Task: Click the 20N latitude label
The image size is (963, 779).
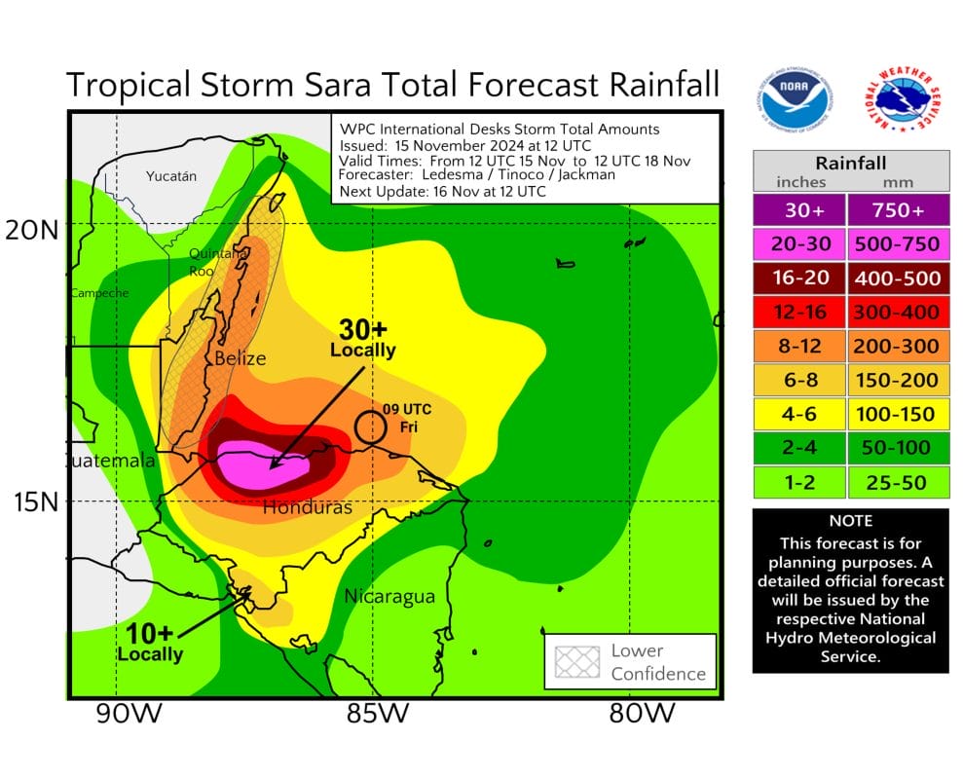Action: tap(32, 230)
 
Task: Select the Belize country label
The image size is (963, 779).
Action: tap(240, 358)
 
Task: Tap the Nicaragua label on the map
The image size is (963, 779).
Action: tap(389, 596)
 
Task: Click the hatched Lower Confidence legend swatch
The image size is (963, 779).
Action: tap(577, 662)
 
